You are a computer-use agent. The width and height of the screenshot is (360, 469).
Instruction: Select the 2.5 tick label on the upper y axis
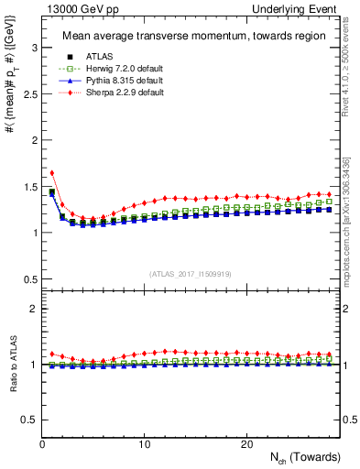[x=26, y=93]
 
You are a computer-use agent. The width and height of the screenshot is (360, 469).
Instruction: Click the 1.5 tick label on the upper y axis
[x=26, y=186]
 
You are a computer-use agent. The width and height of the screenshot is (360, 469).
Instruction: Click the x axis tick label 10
[x=144, y=444]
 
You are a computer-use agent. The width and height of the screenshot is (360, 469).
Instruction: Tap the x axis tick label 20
[x=245, y=444]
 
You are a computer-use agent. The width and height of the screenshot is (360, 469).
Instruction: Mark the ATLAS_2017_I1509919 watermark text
[x=190, y=274]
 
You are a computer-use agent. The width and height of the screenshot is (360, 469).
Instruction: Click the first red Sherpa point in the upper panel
[x=52, y=172]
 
